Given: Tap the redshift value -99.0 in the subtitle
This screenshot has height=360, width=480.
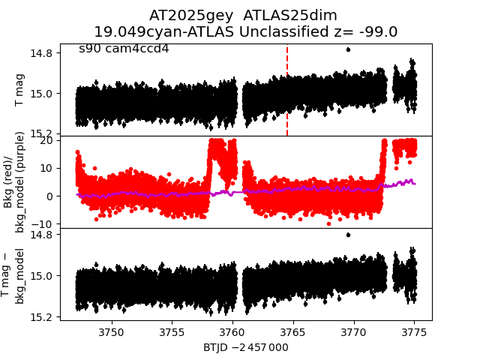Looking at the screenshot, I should [x=378, y=32].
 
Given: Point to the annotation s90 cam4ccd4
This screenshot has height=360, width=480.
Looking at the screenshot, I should [x=124, y=49].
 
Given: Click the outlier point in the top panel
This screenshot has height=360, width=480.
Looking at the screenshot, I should [x=348, y=49].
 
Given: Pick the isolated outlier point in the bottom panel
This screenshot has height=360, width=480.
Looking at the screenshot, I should [x=348, y=235].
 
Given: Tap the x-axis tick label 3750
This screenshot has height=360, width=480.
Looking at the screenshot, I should [x=111, y=332].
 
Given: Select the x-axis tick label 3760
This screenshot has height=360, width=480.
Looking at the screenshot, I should [x=232, y=332].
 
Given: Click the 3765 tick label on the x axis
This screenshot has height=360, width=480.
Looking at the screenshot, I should [x=293, y=332].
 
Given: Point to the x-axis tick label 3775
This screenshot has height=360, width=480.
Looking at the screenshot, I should [x=414, y=332].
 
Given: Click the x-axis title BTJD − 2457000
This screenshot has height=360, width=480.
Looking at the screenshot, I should [x=246, y=347].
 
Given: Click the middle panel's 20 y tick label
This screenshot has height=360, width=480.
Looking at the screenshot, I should [x=44, y=140].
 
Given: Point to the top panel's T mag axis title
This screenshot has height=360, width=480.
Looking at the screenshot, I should [x=20, y=90].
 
